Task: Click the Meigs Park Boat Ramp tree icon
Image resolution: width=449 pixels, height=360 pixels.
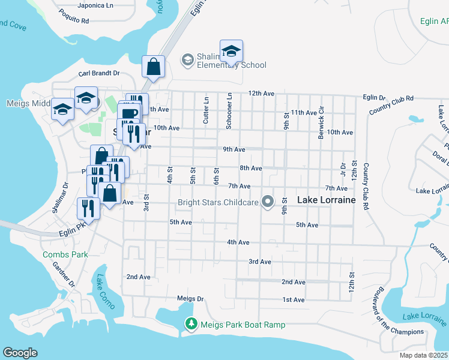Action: tap(191, 325)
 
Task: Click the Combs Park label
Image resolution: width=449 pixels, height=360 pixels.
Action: tap(65, 254)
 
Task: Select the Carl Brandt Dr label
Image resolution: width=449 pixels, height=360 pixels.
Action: tap(99, 73)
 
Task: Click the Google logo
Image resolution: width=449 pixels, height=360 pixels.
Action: tap(20, 353)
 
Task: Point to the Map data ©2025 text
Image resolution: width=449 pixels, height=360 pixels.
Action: tap(424, 355)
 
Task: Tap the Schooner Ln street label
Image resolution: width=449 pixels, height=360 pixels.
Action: tap(229, 110)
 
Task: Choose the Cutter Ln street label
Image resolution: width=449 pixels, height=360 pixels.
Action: tap(206, 110)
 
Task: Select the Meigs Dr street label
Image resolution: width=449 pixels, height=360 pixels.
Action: tap(191, 298)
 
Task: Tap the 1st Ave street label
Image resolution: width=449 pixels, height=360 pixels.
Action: tap(294, 299)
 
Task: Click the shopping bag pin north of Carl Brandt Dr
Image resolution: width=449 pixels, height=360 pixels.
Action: tap(153, 66)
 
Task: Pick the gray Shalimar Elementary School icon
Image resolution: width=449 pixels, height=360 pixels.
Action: tap(187, 59)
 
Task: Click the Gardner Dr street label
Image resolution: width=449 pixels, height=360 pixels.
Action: tap(62, 276)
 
